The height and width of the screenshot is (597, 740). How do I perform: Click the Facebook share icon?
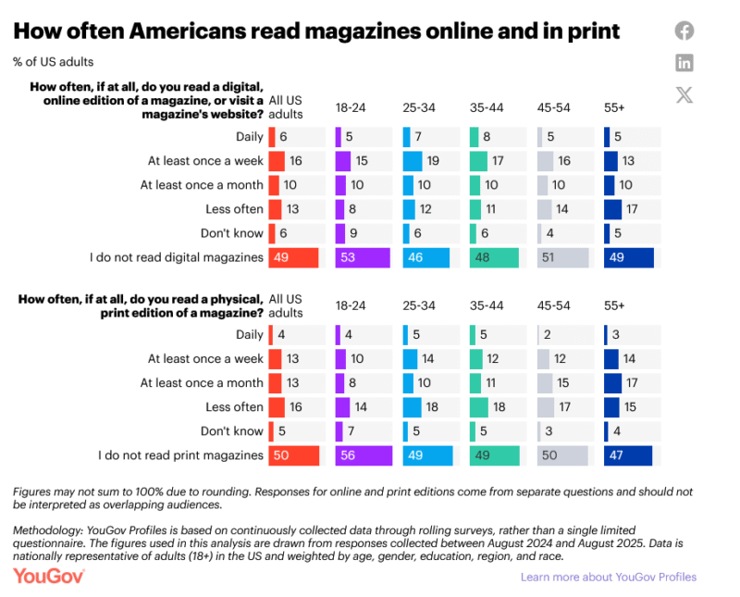pos(684,31)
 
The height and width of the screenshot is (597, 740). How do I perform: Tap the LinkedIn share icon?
pos(684,63)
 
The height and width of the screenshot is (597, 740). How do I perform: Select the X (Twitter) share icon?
pos(684,94)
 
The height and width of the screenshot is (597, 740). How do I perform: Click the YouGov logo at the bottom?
pos(49,576)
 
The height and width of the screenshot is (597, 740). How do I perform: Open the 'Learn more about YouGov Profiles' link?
pos(608,577)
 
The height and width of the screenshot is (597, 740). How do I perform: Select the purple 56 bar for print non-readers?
pos(364,455)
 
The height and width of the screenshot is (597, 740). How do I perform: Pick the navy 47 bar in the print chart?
pos(628,455)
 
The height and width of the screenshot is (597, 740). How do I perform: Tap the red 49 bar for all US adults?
pos(293,257)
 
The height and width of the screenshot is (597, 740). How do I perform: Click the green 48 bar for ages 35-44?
pos(494,257)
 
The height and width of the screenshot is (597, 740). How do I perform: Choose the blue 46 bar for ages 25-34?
pos(426,257)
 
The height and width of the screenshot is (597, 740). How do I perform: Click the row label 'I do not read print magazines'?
pos(180,455)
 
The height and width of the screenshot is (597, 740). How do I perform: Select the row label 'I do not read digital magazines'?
pos(178,257)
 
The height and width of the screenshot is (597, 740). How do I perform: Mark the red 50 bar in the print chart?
pos(293,455)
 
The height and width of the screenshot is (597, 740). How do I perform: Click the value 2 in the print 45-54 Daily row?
pos(549,335)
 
